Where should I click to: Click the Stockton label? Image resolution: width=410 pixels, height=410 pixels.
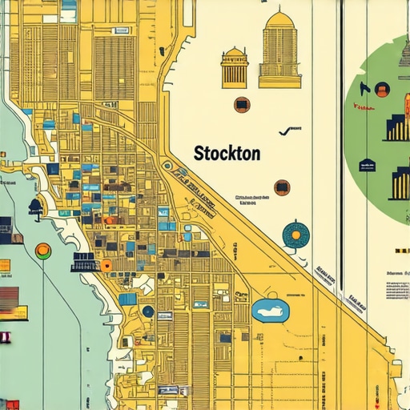[x=227, y=154]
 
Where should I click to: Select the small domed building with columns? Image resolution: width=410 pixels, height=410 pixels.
[x=235, y=67]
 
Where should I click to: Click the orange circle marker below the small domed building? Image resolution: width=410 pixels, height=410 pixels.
[x=241, y=105]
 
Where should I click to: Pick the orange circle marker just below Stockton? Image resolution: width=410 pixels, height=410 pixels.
[x=282, y=187]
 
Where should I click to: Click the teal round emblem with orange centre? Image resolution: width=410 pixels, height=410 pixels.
[x=296, y=234]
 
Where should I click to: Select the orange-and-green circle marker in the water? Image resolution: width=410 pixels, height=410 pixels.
[x=42, y=251]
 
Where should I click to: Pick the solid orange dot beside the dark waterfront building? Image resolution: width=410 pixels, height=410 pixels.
[x=106, y=265]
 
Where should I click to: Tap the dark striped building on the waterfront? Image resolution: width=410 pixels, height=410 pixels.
[x=84, y=262]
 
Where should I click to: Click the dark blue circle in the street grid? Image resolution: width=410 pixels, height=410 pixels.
[x=147, y=311]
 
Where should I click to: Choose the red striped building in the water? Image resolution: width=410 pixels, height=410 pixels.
[x=8, y=299]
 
